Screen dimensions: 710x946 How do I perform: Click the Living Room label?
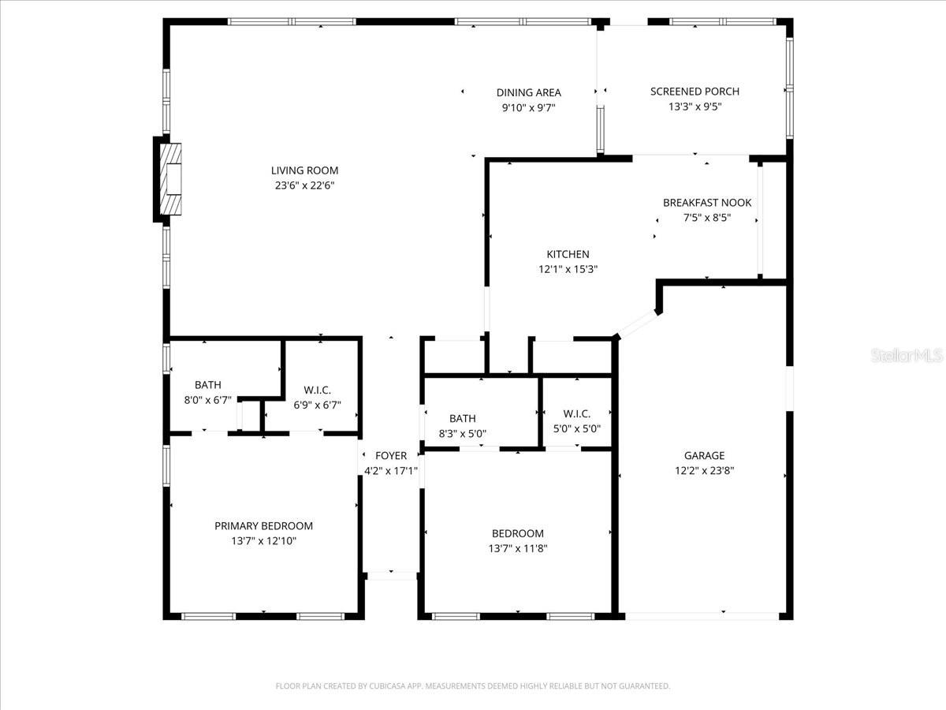coord(304,170)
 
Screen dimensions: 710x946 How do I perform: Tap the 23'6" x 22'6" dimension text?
coord(304,186)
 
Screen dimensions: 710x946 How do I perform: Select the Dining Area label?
coord(528,93)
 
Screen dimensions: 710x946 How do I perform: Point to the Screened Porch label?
coord(695,92)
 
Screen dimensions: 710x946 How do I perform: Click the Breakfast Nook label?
coord(706,203)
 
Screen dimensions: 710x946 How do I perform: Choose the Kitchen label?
coord(568,254)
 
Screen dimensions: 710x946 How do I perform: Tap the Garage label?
coord(704,455)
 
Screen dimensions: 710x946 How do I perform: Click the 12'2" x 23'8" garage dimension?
coord(704,471)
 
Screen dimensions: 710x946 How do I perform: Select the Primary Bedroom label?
coord(263,526)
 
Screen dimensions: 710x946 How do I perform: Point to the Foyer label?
coord(391,456)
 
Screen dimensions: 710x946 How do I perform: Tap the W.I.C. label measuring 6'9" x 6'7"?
coord(317,390)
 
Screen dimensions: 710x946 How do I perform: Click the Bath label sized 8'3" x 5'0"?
coord(463,418)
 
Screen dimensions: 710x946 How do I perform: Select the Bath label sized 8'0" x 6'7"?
coord(208,385)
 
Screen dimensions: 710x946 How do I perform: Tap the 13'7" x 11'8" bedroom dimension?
coord(517,549)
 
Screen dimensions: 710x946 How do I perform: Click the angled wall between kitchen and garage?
coord(636,323)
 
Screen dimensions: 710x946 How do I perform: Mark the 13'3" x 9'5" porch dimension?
coord(695,107)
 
